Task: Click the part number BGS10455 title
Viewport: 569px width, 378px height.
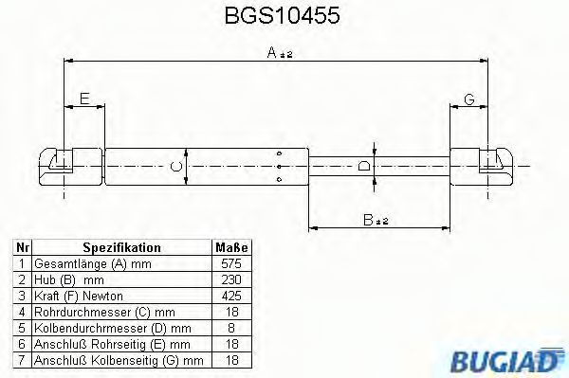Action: [283, 16]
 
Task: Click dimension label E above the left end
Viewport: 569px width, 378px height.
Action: [84, 99]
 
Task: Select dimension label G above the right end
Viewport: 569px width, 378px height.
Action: [468, 99]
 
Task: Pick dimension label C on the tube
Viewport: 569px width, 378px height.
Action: [174, 168]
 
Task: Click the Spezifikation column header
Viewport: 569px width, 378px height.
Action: [121, 247]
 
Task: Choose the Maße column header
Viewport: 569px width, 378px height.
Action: [230, 247]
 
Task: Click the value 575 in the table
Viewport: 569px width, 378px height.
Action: [230, 263]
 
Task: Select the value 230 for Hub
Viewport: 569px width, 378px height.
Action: [230, 279]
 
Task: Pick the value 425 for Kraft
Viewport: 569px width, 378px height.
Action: [230, 296]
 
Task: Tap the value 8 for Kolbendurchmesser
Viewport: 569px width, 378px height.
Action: [230, 328]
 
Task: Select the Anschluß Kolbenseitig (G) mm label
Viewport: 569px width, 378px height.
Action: [119, 360]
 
